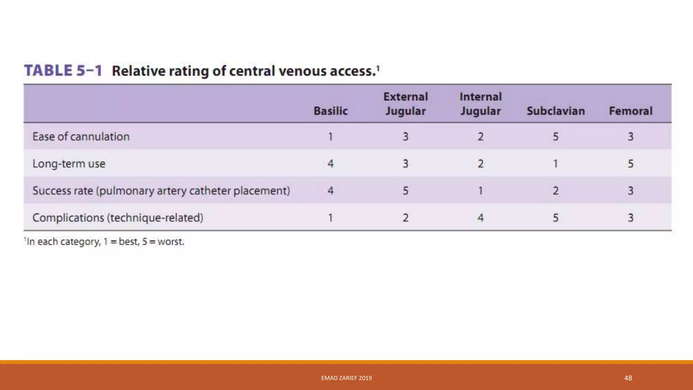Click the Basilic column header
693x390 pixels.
pyautogui.click(x=331, y=111)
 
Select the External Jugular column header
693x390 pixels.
pyautogui.click(x=405, y=104)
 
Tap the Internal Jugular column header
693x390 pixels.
pyautogui.click(x=480, y=104)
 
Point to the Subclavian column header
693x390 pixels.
pyautogui.click(x=556, y=111)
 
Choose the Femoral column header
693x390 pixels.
pyautogui.click(x=631, y=111)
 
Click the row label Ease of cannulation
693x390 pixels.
pyautogui.click(x=81, y=136)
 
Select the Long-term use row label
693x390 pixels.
pyautogui.click(x=69, y=164)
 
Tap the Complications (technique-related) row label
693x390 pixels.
pyautogui.click(x=118, y=218)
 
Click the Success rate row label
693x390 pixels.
pyautogui.click(x=161, y=191)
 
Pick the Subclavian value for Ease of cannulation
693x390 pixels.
pyautogui.click(x=556, y=137)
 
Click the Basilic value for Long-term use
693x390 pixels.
pyautogui.click(x=331, y=164)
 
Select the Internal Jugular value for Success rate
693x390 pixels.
pyautogui.click(x=480, y=191)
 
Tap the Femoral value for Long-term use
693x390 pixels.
pyautogui.click(x=631, y=164)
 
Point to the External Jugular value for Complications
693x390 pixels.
pyautogui.click(x=405, y=218)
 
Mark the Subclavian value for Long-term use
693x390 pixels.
pyautogui.click(x=556, y=164)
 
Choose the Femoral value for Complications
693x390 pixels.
pyautogui.click(x=631, y=218)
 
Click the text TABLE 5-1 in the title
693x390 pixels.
pyautogui.click(x=63, y=71)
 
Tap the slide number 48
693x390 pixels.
pyautogui.click(x=628, y=378)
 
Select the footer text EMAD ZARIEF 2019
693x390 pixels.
pyautogui.click(x=346, y=378)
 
